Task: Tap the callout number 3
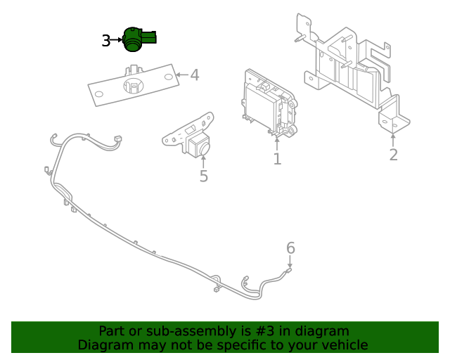point(105,41)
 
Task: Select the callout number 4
point(195,75)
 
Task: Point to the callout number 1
point(277,160)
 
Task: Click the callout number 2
point(393,155)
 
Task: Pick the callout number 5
point(203,176)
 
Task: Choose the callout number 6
point(290,247)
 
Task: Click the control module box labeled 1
point(270,103)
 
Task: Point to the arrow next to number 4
point(180,75)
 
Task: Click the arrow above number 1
point(277,143)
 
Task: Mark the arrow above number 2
point(393,138)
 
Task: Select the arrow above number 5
point(203,159)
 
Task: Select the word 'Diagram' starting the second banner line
point(103,345)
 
